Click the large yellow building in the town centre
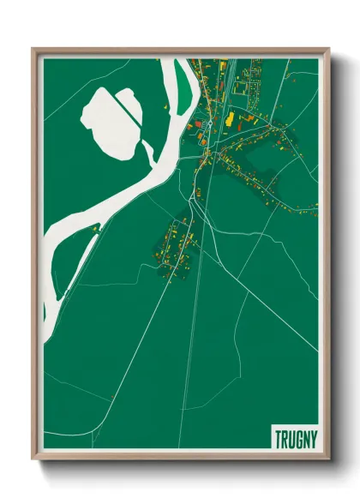tap(230, 118)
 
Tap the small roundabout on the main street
tap(208, 123)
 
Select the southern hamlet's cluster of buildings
tap(176, 244)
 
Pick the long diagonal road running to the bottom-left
tap(129, 343)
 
